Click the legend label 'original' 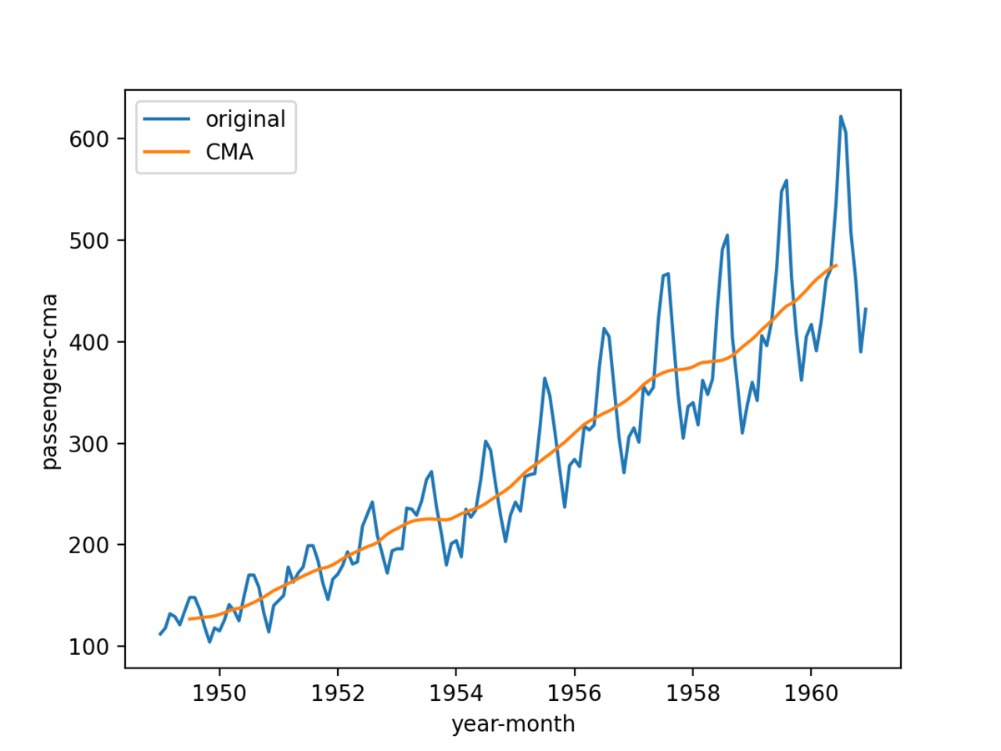coord(246,119)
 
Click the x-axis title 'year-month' coord(513,724)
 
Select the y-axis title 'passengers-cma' coord(52,381)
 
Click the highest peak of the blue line coord(841,117)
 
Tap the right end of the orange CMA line coord(836,265)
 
